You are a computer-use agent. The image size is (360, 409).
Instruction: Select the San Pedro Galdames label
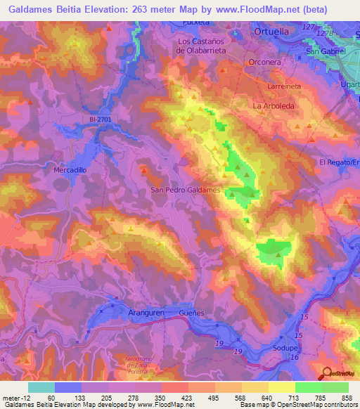click(186, 190)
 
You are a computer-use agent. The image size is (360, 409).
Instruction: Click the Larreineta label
click(285, 85)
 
